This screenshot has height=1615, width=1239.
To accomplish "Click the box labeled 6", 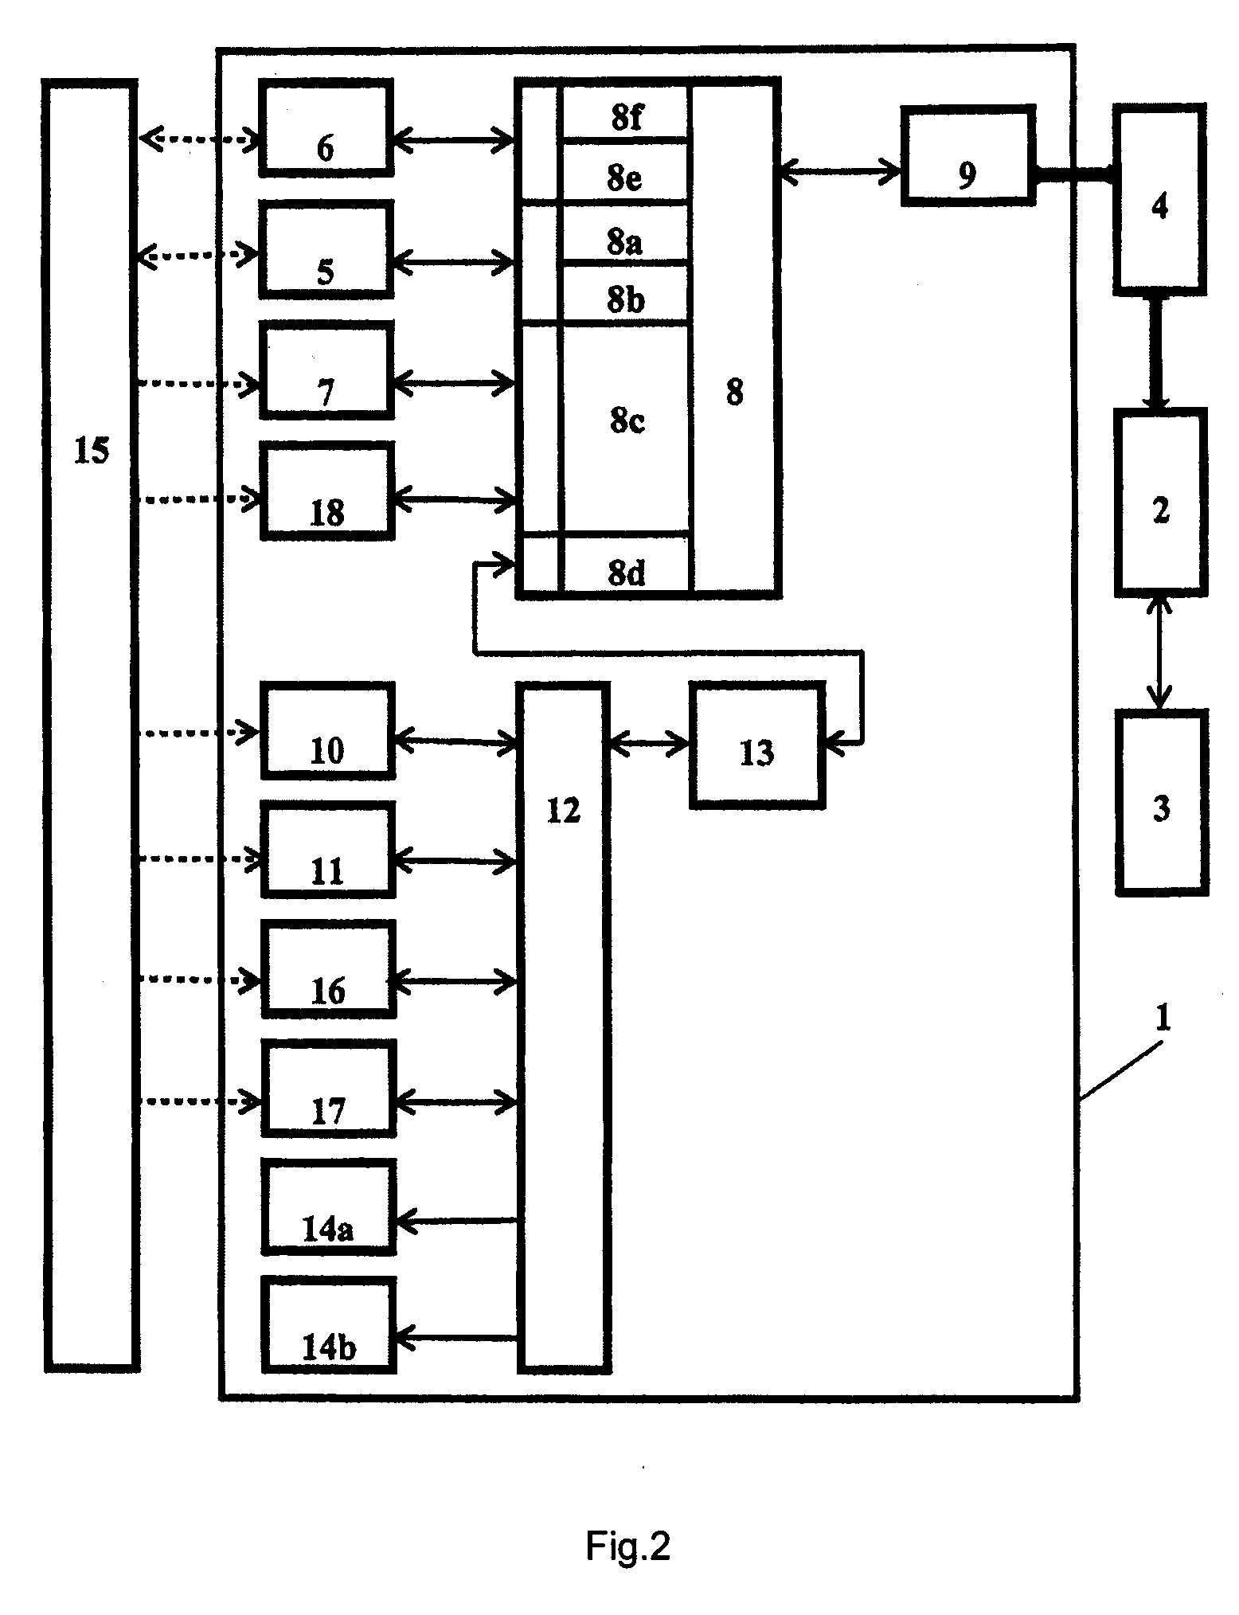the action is click(326, 127).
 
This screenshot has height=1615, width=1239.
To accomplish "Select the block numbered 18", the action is click(327, 491).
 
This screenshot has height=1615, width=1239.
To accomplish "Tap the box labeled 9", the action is click(968, 155).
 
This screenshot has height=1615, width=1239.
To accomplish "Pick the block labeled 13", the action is click(756, 745).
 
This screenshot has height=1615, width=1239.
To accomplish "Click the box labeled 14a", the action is click(328, 1206).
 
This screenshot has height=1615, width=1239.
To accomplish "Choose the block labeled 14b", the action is click(328, 1325).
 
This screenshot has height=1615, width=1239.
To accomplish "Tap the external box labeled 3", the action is click(1161, 802).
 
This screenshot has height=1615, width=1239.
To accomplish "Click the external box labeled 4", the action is click(1159, 199).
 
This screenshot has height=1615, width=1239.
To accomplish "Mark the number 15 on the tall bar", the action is click(92, 452).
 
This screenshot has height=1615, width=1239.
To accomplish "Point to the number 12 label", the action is click(564, 810).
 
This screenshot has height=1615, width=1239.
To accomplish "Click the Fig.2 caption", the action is click(628, 1546).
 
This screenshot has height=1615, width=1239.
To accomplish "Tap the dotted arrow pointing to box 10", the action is click(200, 731).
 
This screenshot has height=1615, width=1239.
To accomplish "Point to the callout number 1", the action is click(1162, 1019).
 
